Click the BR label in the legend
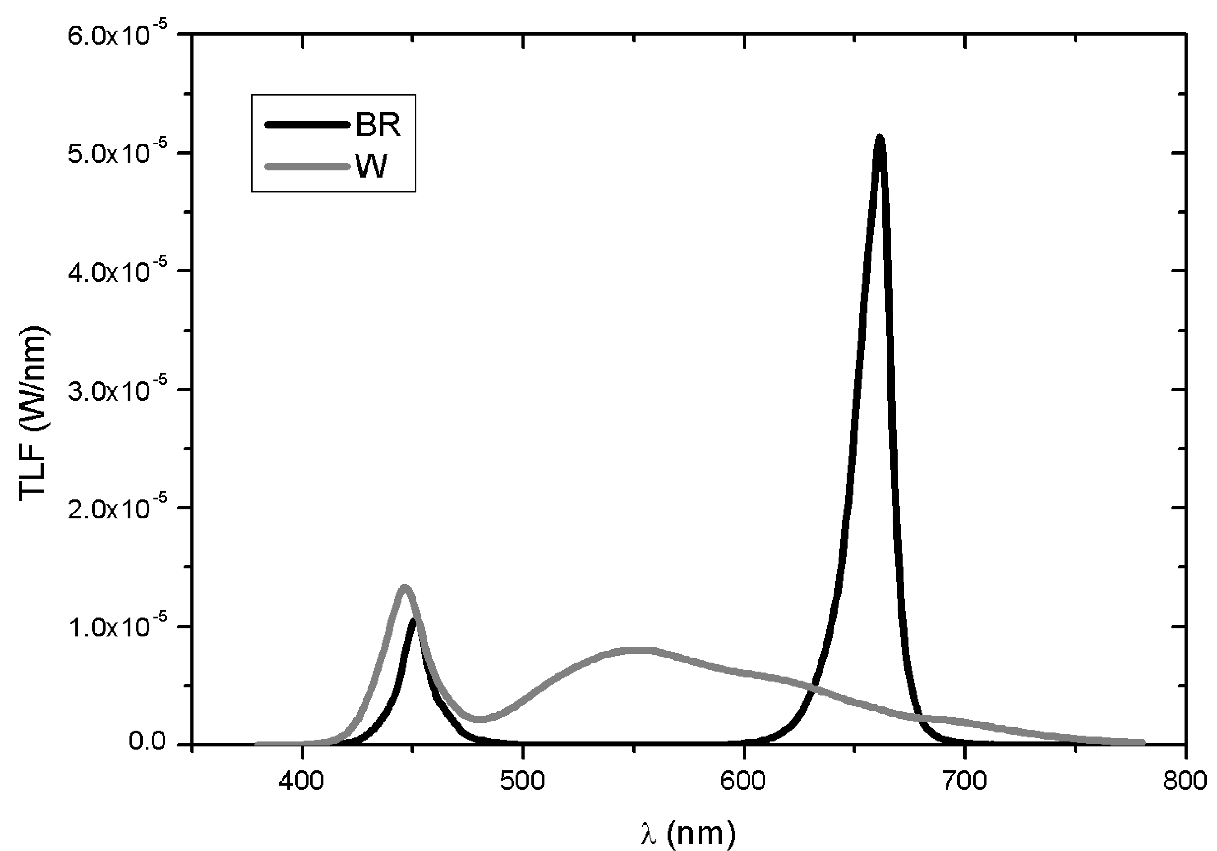(x=378, y=125)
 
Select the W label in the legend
(x=372, y=166)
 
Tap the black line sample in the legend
(x=308, y=125)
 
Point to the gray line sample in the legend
(x=308, y=166)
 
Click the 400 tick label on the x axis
(x=302, y=782)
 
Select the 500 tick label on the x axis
(x=523, y=782)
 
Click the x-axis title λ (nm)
(x=687, y=833)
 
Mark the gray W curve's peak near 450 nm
(x=405, y=587)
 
